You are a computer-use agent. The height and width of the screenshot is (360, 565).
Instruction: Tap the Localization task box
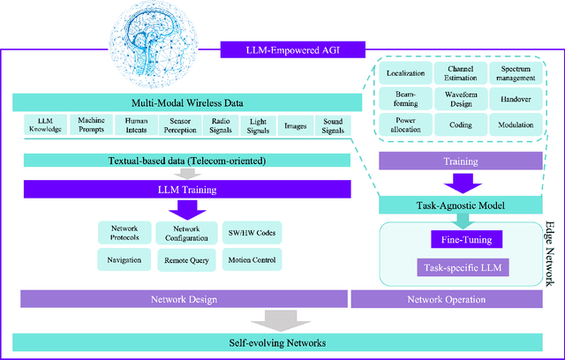pyautogui.click(x=403, y=72)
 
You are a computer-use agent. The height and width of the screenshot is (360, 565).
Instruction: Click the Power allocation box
pyautogui.click(x=403, y=124)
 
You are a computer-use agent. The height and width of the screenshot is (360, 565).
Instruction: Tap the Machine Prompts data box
pyautogui.click(x=91, y=124)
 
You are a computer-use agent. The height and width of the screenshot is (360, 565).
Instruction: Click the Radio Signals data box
pyautogui.click(x=220, y=124)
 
